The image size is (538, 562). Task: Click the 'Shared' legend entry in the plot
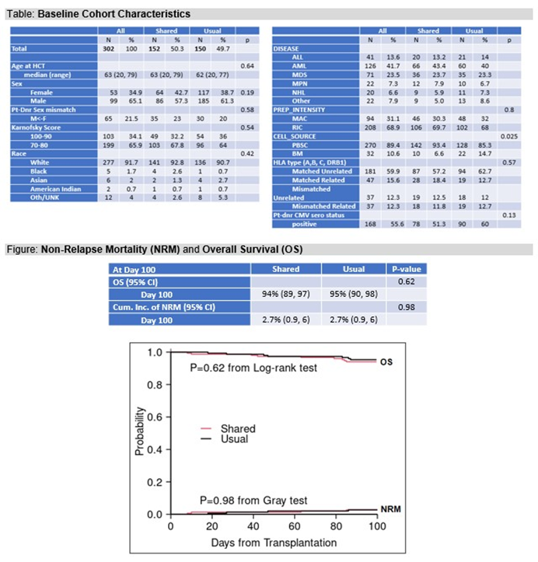238,428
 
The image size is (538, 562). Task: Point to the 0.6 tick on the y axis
155,417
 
